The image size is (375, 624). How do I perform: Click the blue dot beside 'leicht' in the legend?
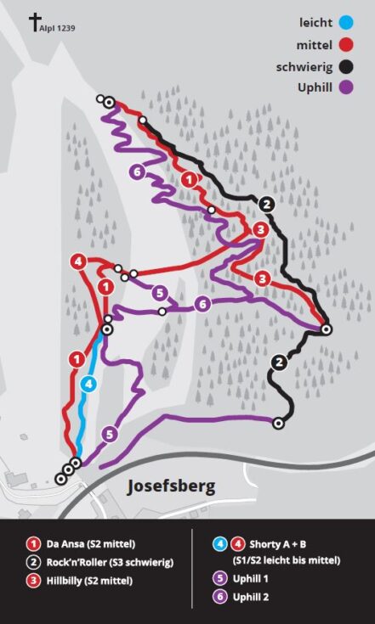345,22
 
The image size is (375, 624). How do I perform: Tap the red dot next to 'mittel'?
345,43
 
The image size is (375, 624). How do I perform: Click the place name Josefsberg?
170,486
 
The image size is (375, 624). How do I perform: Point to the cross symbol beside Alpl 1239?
35,20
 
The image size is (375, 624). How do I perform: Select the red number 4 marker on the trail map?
78,261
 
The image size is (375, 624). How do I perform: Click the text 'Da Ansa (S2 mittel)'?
91,544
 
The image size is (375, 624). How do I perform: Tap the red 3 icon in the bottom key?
32,581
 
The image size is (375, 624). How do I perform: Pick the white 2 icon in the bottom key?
32,562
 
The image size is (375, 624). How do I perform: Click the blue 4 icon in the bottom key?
219,544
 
